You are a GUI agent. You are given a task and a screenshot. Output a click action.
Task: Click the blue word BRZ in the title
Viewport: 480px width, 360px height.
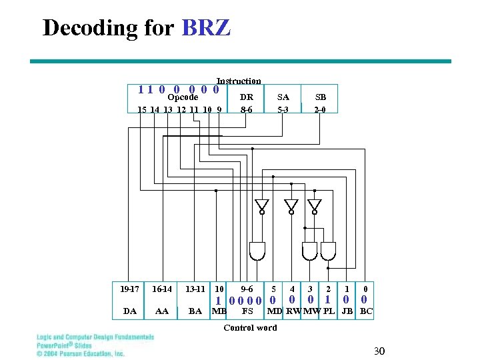click(206, 28)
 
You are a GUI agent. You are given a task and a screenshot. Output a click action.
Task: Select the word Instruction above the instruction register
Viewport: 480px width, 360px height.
click(239, 81)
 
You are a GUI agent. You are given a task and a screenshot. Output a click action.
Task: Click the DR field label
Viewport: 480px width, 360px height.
click(246, 97)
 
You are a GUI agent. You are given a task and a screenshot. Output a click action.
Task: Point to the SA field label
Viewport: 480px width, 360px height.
click(283, 97)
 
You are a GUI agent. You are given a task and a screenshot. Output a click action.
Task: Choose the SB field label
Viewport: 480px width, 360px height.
click(320, 97)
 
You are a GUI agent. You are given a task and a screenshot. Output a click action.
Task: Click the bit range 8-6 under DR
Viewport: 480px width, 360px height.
click(246, 109)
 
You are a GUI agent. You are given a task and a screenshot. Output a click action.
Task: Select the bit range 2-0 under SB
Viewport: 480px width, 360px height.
click(320, 109)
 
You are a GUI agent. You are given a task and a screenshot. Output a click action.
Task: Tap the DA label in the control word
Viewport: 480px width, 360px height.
click(130, 311)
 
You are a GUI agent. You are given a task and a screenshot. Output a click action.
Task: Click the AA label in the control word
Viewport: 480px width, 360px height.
click(161, 311)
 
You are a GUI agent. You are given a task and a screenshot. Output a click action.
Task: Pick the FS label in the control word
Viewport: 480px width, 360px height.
click(247, 311)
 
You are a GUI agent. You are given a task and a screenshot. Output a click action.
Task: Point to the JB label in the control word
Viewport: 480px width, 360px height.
click(347, 311)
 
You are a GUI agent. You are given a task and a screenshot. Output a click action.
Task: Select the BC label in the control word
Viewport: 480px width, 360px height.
click(366, 311)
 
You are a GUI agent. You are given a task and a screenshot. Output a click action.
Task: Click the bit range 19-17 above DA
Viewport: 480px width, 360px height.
click(130, 289)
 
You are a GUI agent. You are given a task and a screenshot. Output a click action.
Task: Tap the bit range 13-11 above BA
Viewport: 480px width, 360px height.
click(195, 289)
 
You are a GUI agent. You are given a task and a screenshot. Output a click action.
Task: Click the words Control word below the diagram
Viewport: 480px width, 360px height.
click(250, 327)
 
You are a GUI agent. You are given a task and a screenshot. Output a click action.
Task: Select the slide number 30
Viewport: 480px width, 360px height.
click(379, 351)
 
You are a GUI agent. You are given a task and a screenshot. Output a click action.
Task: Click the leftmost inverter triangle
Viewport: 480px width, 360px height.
click(262, 205)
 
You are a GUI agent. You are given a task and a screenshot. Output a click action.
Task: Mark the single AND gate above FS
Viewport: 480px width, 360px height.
click(257, 251)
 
